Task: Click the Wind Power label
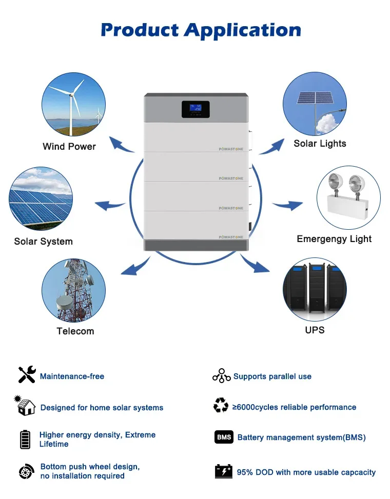[69, 147]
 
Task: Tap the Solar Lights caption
[320, 144]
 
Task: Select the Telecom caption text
[75, 331]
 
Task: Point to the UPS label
[315, 330]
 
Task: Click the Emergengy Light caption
[334, 239]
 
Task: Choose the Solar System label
[44, 242]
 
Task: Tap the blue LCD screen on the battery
[195, 109]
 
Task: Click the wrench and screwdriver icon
[27, 375]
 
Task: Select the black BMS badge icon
[224, 437]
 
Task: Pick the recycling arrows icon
[221, 406]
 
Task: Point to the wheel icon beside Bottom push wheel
[26, 471]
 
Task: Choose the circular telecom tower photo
[73, 290]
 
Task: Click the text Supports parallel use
[272, 376]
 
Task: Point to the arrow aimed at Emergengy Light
[288, 206]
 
